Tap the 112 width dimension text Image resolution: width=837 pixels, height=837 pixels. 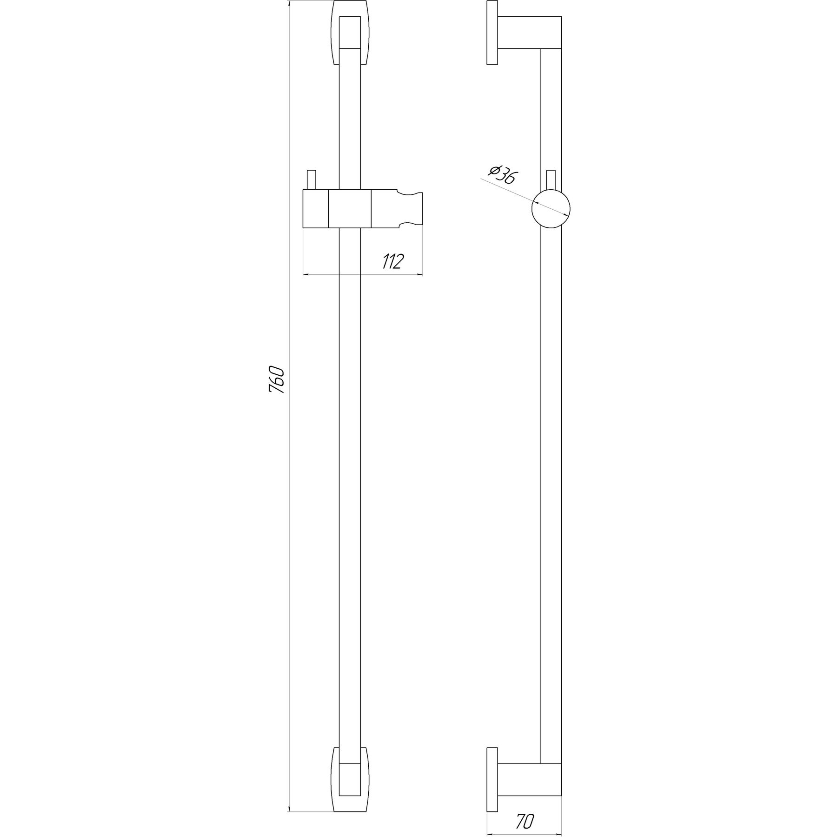pyautogui.click(x=392, y=262)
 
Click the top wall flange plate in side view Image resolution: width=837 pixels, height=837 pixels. pyautogui.click(x=492, y=33)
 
